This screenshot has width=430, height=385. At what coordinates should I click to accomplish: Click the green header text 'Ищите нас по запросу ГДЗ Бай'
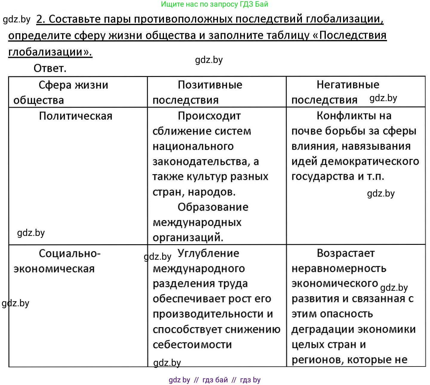214,4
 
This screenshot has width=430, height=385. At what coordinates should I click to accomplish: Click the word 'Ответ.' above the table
50,68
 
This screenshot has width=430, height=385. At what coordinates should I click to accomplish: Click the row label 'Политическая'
76,116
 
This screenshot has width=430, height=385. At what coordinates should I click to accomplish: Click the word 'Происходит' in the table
209,116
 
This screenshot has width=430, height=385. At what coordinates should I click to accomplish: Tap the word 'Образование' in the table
213,207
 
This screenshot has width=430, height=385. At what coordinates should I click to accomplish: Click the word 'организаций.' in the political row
188,238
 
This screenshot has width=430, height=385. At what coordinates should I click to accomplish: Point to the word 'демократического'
370,161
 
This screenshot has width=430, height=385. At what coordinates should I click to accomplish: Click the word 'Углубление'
208,253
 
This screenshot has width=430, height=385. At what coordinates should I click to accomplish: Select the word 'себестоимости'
192,345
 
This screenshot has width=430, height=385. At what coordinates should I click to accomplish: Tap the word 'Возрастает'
345,253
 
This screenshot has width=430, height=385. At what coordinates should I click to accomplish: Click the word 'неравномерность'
339,269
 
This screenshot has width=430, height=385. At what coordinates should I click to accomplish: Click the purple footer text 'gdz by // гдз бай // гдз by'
214,380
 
